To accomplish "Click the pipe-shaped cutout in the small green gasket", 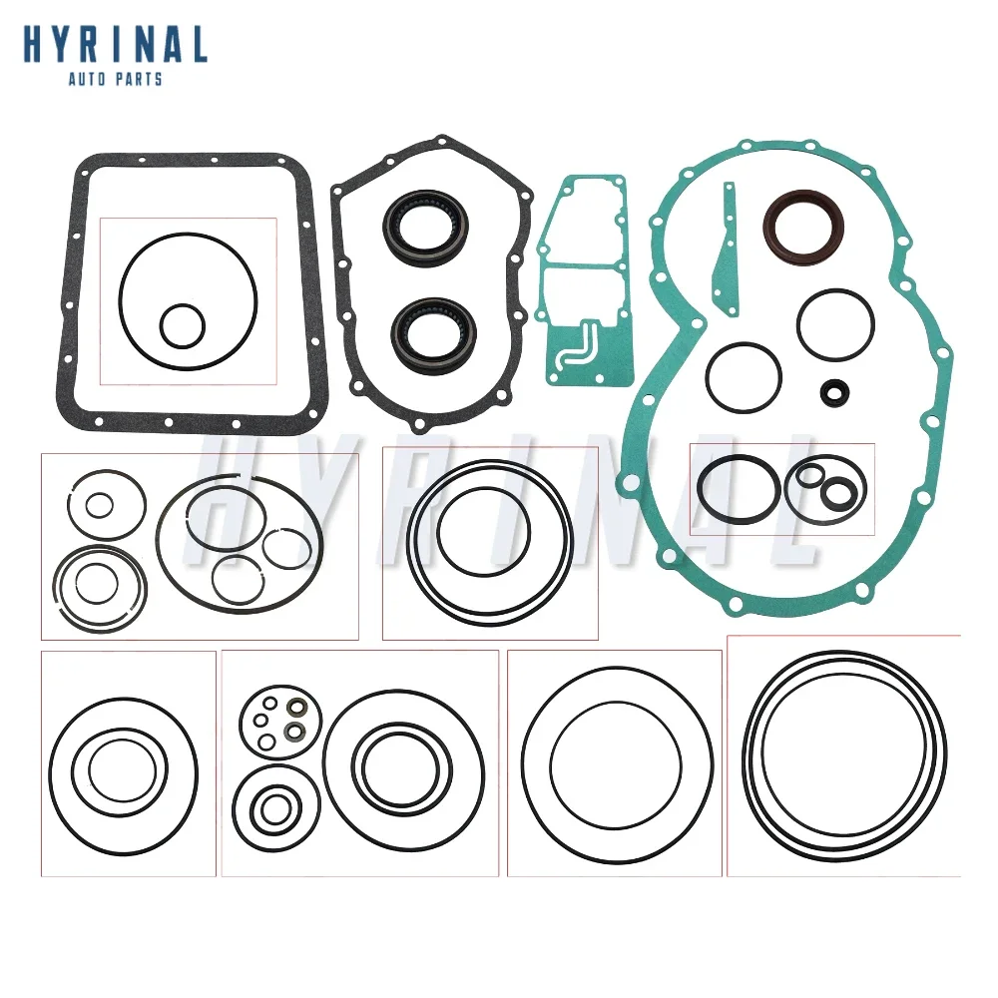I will tap(576, 344).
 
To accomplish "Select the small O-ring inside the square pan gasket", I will tap(183, 326).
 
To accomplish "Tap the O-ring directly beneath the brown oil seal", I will tap(835, 325).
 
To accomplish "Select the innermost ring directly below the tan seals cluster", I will tap(270, 809).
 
